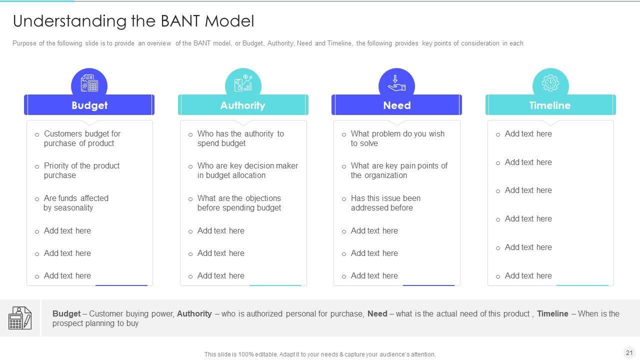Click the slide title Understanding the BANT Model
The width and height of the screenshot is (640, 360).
[133, 21]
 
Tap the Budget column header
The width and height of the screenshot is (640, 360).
[89, 105]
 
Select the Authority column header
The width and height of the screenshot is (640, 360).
[243, 105]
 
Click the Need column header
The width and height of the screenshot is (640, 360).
[396, 105]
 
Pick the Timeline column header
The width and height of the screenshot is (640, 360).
[550, 105]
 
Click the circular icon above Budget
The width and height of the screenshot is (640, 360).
[89, 83]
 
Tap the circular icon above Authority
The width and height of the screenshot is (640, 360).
[243, 83]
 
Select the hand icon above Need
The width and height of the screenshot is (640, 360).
[396, 83]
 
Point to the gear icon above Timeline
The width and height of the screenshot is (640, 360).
[550, 83]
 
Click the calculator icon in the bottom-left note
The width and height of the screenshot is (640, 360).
[20, 318]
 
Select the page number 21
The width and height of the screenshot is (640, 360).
[629, 352]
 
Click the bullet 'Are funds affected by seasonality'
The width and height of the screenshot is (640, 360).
[76, 203]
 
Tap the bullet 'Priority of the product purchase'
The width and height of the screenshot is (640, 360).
[81, 170]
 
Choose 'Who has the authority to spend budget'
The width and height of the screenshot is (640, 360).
[240, 138]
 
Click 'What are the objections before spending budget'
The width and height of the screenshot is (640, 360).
[239, 203]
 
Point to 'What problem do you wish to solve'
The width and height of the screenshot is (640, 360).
[397, 138]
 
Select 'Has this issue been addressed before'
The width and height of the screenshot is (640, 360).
[385, 203]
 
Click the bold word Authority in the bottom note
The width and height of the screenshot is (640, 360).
[194, 314]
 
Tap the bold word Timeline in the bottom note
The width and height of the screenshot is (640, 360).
[552, 314]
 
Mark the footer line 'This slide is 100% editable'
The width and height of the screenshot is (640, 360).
[320, 354]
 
